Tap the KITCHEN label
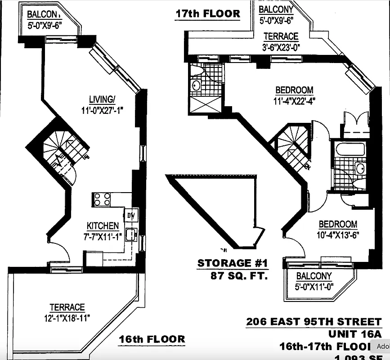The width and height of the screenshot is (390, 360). [103, 226]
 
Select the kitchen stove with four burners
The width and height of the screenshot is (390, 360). [102, 199]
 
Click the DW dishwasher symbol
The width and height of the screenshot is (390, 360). [130, 215]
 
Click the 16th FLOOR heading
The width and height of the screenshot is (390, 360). [152, 339]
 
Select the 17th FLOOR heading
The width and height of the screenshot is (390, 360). [207, 13]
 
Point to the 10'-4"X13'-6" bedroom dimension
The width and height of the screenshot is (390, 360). [338, 234]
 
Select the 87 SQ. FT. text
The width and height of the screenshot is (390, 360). [239, 275]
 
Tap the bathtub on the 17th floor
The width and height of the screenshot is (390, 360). [350, 148]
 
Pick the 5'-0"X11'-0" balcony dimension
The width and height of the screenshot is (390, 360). [314, 286]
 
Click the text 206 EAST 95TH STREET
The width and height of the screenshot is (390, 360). [314, 322]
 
